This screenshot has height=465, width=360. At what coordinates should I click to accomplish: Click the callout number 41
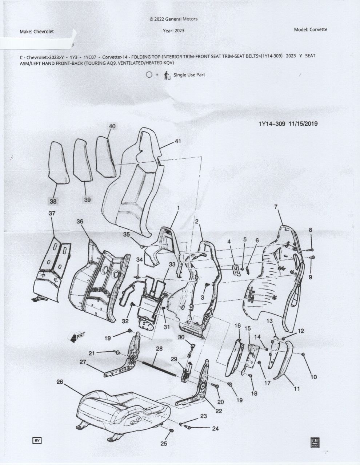pyautogui.click(x=177, y=141)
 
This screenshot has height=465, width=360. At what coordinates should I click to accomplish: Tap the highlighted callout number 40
pyautogui.click(x=112, y=126)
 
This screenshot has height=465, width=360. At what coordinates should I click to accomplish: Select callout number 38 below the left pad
pyautogui.click(x=53, y=201)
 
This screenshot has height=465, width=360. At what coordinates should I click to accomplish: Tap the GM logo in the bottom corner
pyautogui.click(x=314, y=442)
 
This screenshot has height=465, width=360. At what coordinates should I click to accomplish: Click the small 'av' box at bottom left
pyautogui.click(x=37, y=440)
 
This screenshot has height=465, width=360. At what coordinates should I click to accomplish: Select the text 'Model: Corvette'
pyautogui.click(x=310, y=29)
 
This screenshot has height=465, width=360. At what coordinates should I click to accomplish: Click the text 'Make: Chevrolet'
pyautogui.click(x=37, y=32)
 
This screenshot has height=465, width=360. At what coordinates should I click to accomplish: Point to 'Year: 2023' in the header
pyautogui.click(x=173, y=31)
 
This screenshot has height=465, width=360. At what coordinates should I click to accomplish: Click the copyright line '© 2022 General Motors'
pyautogui.click(x=173, y=19)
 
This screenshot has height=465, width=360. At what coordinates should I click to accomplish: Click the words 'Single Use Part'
pyautogui.click(x=189, y=75)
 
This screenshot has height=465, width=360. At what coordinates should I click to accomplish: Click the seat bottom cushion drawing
pyautogui.click(x=120, y=409)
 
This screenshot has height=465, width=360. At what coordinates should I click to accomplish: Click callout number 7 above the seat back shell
pyautogui.click(x=276, y=207)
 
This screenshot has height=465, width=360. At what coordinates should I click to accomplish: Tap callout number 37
pyautogui.click(x=52, y=213)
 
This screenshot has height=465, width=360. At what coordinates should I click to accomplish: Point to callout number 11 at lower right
pyautogui.click(x=297, y=389)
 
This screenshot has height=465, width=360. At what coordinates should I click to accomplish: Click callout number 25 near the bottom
pyautogui.click(x=164, y=444)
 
